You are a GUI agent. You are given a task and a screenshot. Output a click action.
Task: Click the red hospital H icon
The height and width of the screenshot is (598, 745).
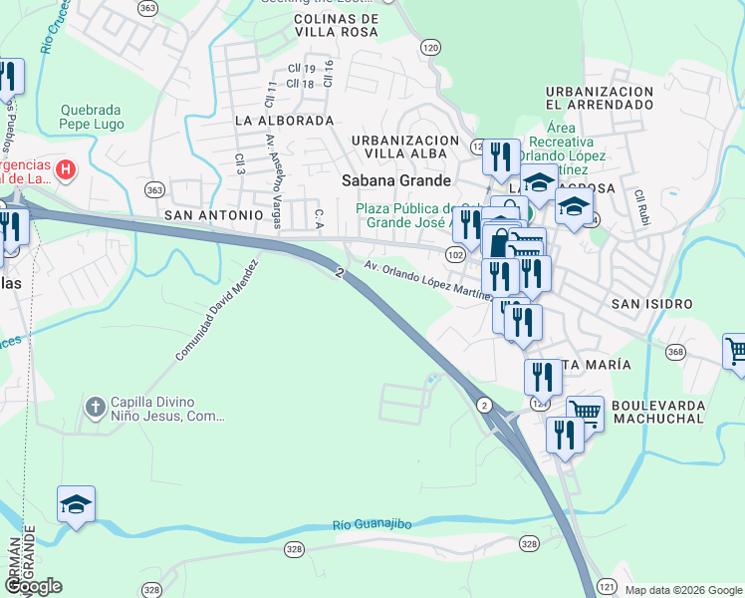(66, 169)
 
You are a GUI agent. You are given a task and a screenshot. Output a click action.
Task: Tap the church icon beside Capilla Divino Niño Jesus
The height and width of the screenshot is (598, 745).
(96, 407)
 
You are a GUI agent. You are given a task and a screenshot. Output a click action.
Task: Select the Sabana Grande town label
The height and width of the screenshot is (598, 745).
(396, 180)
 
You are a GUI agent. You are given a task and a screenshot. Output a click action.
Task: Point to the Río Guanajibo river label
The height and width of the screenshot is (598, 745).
(385, 524)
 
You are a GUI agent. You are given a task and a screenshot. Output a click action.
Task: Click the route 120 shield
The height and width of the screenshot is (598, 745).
(430, 47)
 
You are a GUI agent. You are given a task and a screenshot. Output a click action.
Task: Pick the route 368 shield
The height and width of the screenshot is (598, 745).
(676, 352)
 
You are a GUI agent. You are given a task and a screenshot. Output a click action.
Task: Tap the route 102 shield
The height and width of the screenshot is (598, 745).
(455, 255)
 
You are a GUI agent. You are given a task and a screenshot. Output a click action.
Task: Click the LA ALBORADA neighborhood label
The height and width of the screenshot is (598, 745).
(284, 120)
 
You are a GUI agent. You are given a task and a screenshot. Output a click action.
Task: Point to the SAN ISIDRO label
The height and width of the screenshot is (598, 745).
(652, 303)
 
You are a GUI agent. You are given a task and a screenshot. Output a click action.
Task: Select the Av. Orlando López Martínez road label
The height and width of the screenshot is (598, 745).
(428, 281)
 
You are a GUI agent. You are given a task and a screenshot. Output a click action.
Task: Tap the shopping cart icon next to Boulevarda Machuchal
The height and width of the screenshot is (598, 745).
(585, 411)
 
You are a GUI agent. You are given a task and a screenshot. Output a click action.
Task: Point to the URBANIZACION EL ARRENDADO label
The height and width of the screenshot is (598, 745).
(600, 98)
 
